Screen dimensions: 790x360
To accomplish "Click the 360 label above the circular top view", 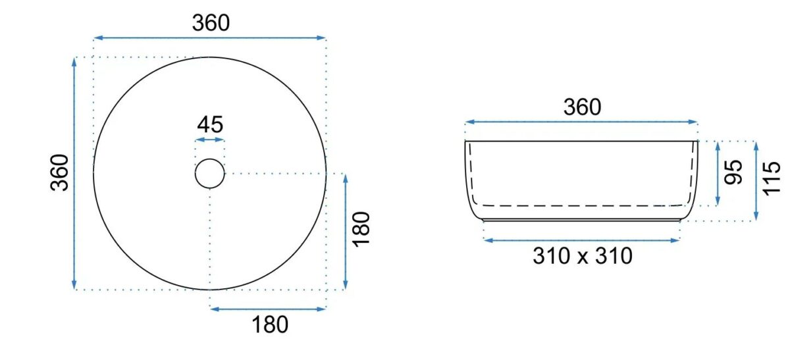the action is [x=211, y=23].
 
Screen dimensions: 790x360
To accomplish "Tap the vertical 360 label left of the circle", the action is [x=59, y=173].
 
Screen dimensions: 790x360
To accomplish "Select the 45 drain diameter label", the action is [x=210, y=124].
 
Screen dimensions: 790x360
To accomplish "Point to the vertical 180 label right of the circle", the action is [x=361, y=230].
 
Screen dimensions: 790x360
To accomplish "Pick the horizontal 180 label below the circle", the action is [x=270, y=324].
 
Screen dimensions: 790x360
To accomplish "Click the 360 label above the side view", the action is [x=582, y=107].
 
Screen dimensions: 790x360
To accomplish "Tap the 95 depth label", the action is [x=733, y=172].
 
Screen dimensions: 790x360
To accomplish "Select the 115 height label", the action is [x=772, y=178].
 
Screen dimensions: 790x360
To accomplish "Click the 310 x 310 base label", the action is [x=583, y=256].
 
